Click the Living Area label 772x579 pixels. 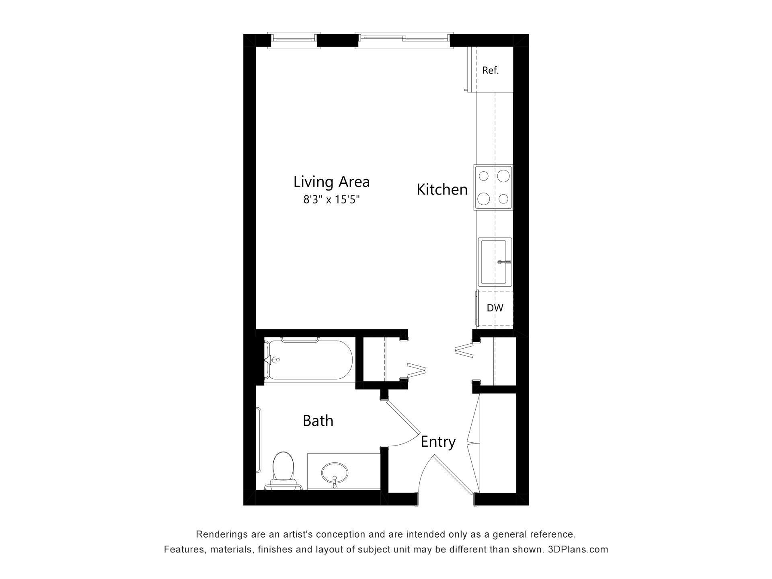coord(331,182)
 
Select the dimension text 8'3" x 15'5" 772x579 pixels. coord(331,200)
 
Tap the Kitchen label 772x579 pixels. coord(442,189)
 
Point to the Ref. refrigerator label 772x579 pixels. coord(490,70)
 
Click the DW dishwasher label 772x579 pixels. coord(495,308)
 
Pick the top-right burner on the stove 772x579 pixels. coord(503,176)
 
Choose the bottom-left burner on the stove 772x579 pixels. coord(484,198)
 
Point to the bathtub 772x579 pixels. coord(310,360)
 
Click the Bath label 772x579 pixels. coord(318,421)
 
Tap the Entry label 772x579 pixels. coord(438,442)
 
